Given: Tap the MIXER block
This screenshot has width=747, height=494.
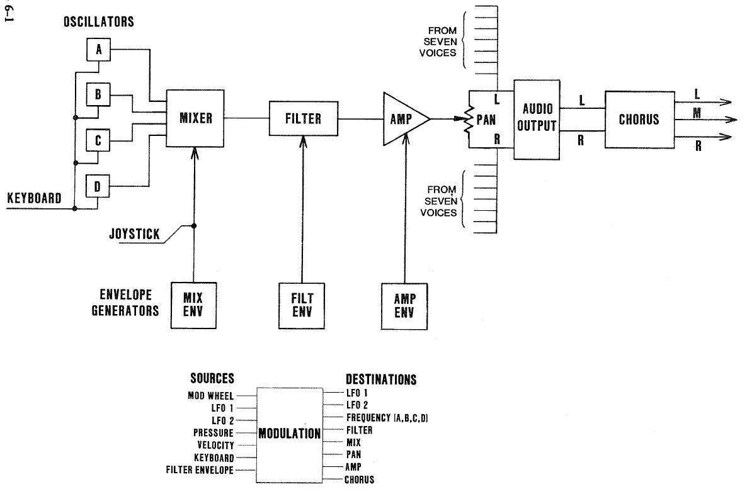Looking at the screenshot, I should (x=196, y=118).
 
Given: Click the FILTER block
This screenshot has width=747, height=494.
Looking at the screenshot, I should (x=303, y=118).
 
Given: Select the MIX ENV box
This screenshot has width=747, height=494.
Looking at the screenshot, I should (x=193, y=305).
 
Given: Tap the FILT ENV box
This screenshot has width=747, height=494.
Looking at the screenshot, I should (x=302, y=305).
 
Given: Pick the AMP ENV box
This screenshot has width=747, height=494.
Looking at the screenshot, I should (x=404, y=305).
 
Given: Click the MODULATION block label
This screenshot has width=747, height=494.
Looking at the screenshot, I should (x=290, y=434).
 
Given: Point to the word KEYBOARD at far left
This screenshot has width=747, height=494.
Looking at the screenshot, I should (x=35, y=199).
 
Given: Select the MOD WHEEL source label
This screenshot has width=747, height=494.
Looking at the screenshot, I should (x=210, y=396).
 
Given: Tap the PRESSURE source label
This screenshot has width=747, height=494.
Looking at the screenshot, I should (x=214, y=433).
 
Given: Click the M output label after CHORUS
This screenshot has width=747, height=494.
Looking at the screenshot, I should (x=697, y=113).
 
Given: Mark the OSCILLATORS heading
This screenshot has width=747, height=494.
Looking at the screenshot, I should (x=99, y=22).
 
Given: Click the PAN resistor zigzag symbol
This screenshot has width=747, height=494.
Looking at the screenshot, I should (x=468, y=119).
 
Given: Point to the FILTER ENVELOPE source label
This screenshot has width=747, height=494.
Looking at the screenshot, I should (x=200, y=470).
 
